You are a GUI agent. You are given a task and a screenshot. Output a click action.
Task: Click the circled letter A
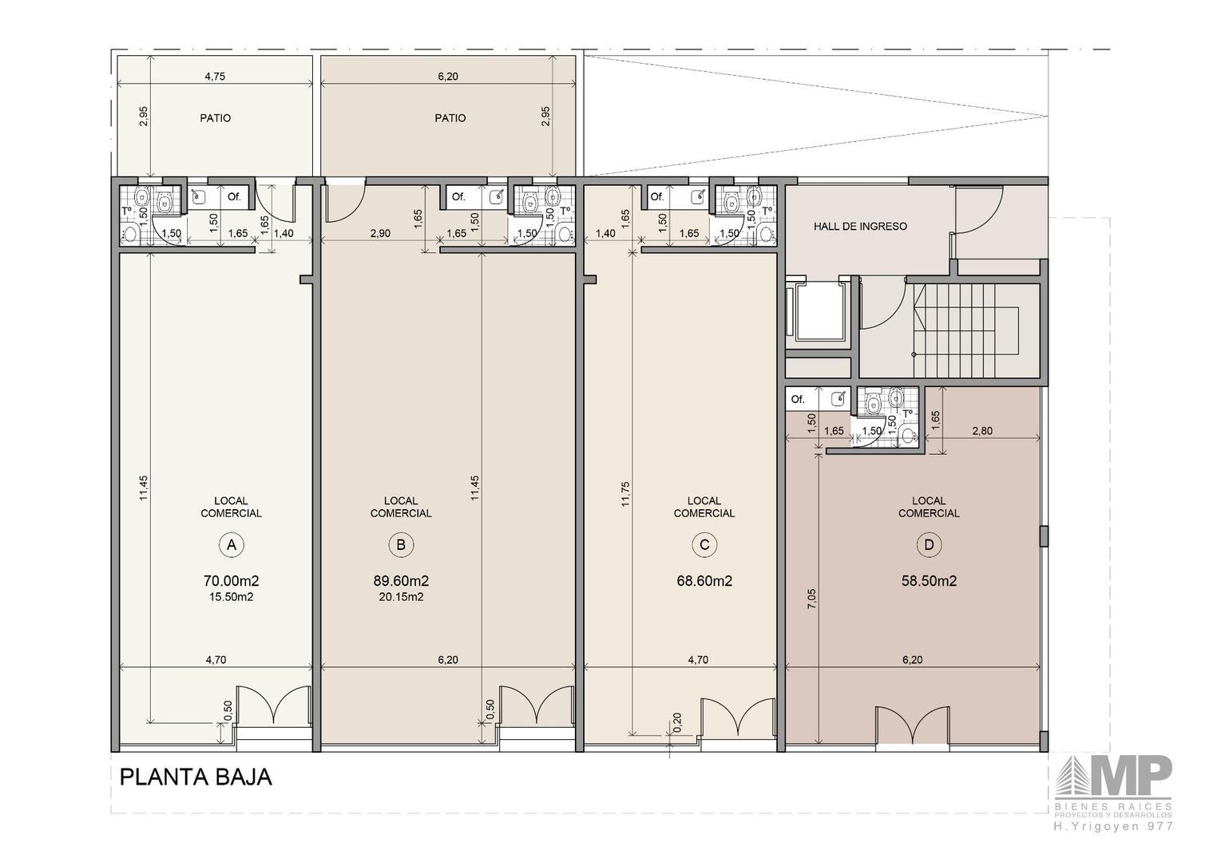pyautogui.click(x=232, y=545)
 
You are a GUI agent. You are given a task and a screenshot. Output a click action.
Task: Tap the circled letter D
pyautogui.click(x=929, y=545)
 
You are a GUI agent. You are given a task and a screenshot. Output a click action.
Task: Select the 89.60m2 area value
pyautogui.click(x=401, y=581)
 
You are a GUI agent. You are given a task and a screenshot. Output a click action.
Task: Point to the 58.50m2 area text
pyautogui.click(x=929, y=581)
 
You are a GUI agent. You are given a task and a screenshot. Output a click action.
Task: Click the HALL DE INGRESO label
pyautogui.click(x=860, y=226)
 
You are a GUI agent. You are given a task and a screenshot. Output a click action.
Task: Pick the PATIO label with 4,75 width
pyautogui.click(x=215, y=118)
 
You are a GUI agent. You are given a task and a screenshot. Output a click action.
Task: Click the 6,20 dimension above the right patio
pyautogui.click(x=448, y=77)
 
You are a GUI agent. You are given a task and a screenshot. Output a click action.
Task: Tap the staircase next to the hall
pyautogui.click(x=967, y=330)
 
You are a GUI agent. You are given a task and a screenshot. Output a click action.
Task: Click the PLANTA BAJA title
pyautogui.click(x=196, y=777)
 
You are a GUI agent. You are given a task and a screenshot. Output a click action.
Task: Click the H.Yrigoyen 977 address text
pyautogui.click(x=1113, y=827)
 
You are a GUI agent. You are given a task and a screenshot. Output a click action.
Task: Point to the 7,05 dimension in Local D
pyautogui.click(x=812, y=599)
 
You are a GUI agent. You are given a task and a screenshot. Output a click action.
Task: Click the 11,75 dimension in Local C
pyautogui.click(x=625, y=493)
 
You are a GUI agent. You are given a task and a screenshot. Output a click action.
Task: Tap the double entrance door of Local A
pyautogui.click(x=274, y=706)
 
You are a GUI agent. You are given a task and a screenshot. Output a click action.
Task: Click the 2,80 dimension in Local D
pyautogui.click(x=981, y=431)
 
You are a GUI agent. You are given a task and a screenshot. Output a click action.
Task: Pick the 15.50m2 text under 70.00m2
pyautogui.click(x=231, y=597)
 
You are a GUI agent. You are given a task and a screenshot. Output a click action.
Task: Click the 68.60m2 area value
pyautogui.click(x=704, y=581)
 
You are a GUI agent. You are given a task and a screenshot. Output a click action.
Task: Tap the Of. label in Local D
pyautogui.click(x=798, y=399)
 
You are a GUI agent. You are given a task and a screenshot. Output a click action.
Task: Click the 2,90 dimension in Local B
pyautogui.click(x=380, y=233)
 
